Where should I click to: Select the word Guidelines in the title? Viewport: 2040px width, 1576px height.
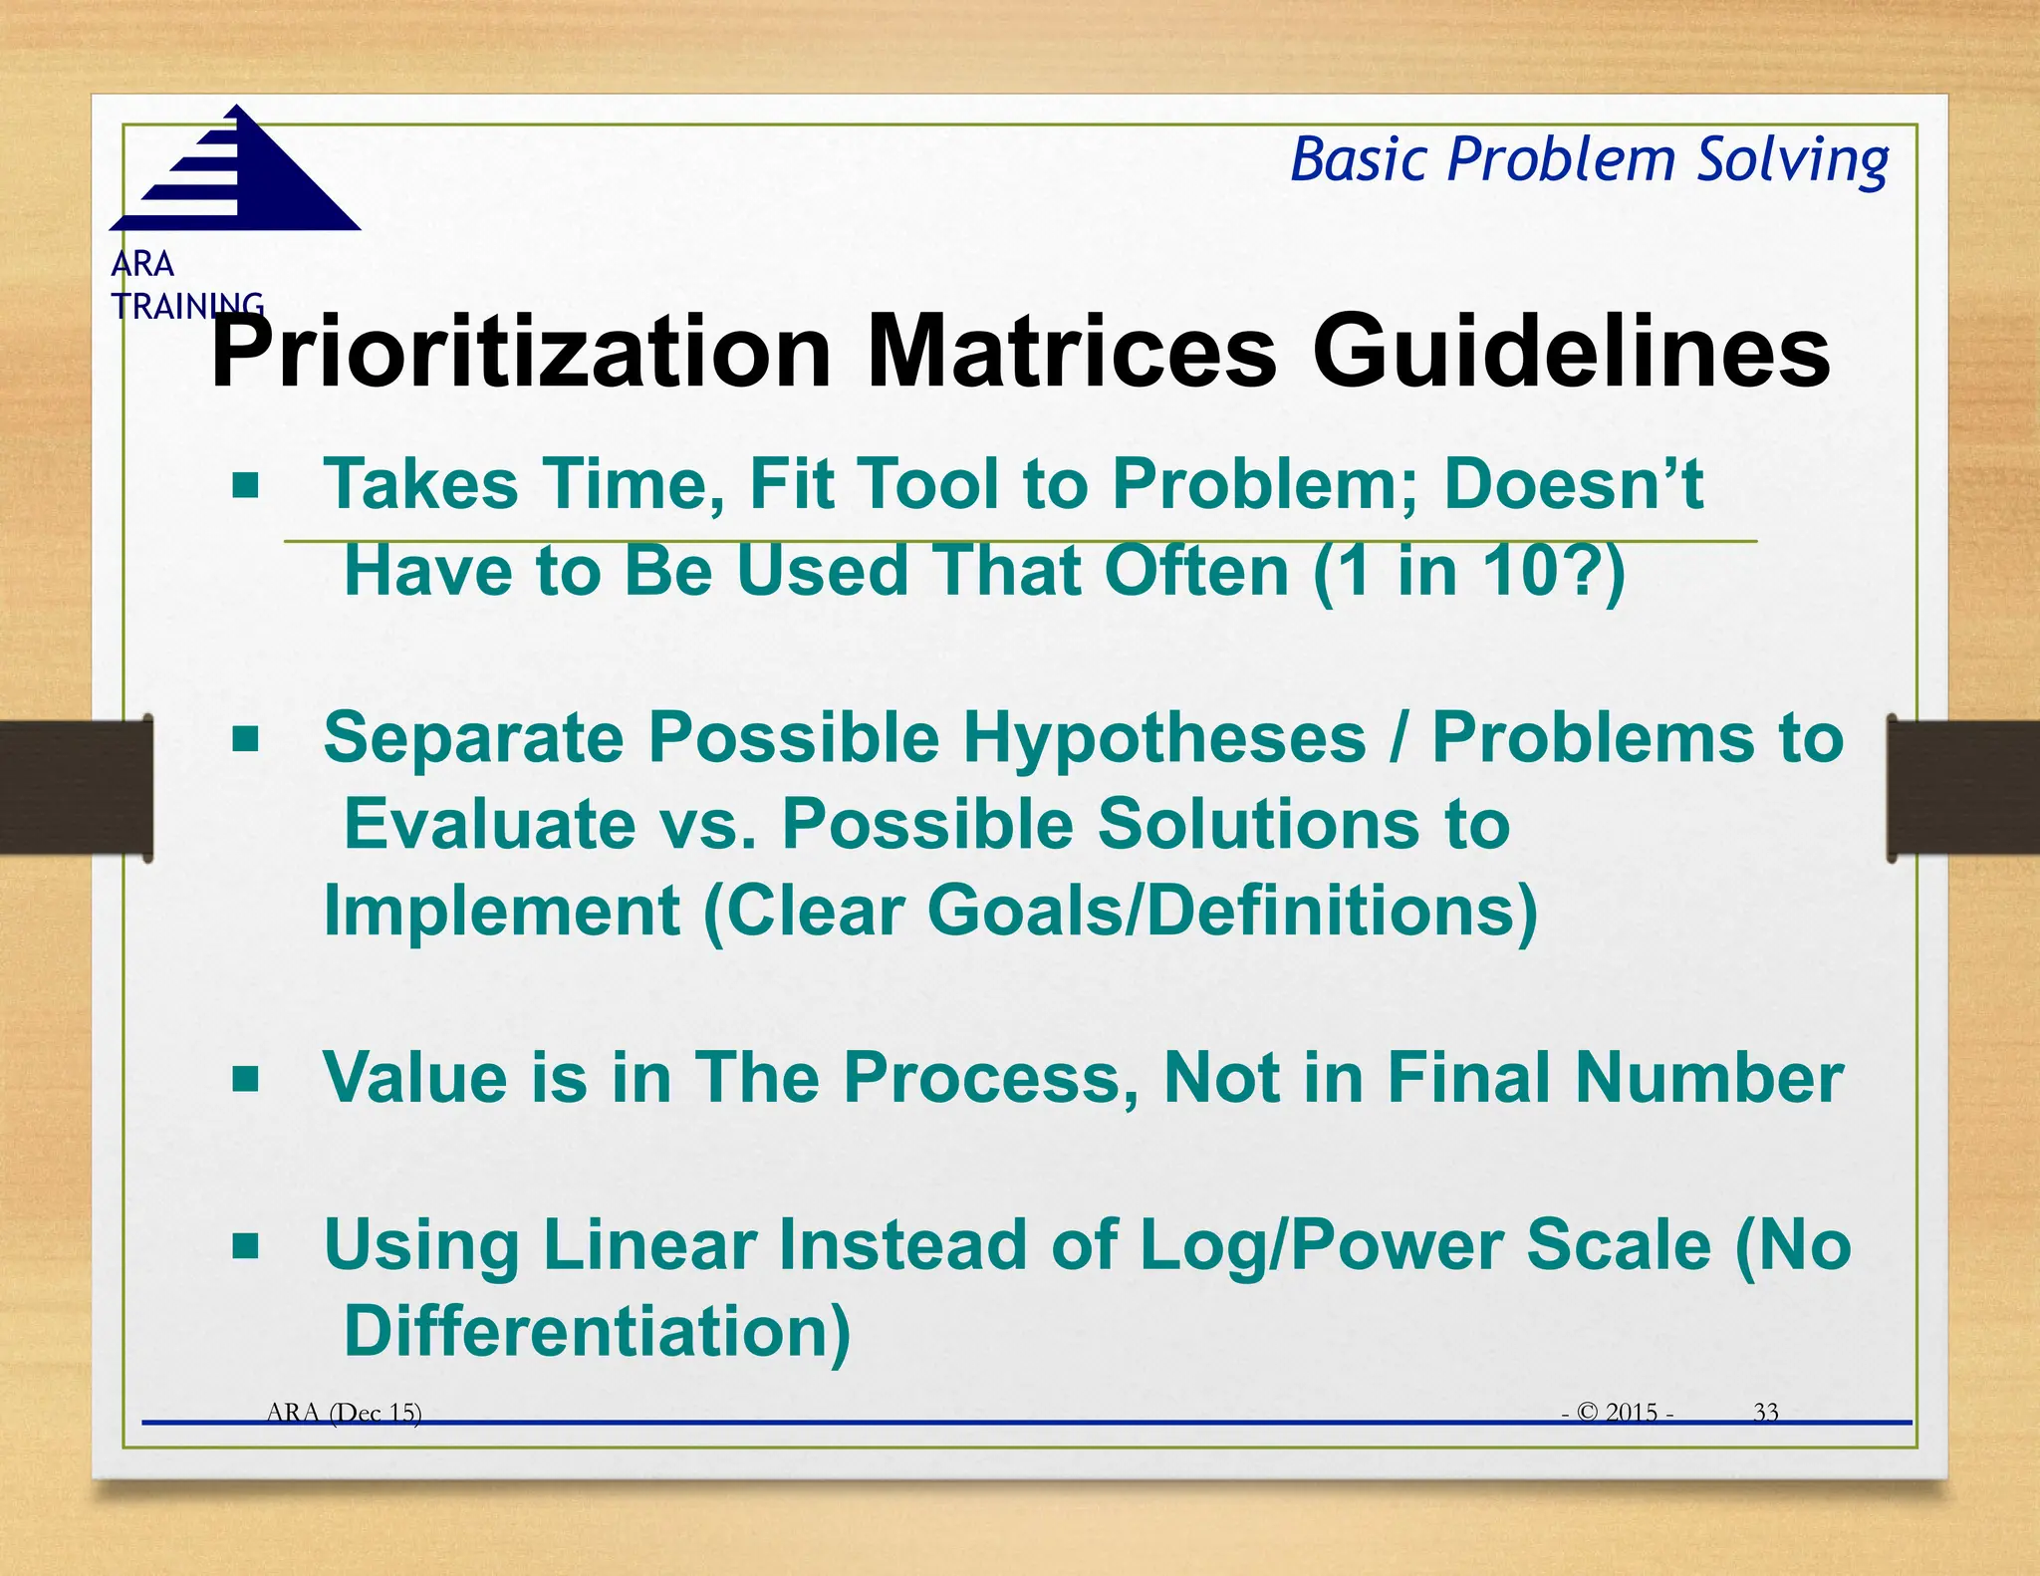(x=1571, y=353)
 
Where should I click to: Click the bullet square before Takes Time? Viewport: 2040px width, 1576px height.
(x=245, y=486)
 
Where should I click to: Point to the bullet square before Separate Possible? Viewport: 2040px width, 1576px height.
(x=245, y=739)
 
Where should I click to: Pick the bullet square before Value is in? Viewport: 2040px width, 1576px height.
(x=245, y=1079)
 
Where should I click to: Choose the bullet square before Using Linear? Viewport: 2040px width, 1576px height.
(x=245, y=1245)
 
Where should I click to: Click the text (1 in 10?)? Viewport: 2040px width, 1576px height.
(x=1469, y=572)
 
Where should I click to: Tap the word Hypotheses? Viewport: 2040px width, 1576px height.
(x=1164, y=739)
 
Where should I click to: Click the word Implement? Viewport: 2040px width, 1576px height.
(x=501, y=911)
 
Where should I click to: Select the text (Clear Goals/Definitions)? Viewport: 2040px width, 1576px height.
(x=1121, y=911)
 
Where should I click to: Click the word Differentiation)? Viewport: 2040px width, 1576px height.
(x=597, y=1332)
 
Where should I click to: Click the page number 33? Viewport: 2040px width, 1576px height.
(x=1765, y=1412)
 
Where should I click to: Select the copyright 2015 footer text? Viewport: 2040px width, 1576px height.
(x=1617, y=1412)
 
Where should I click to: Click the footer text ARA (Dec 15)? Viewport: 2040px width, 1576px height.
(x=345, y=1412)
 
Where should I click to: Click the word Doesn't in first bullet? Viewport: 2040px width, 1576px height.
(x=1573, y=484)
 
